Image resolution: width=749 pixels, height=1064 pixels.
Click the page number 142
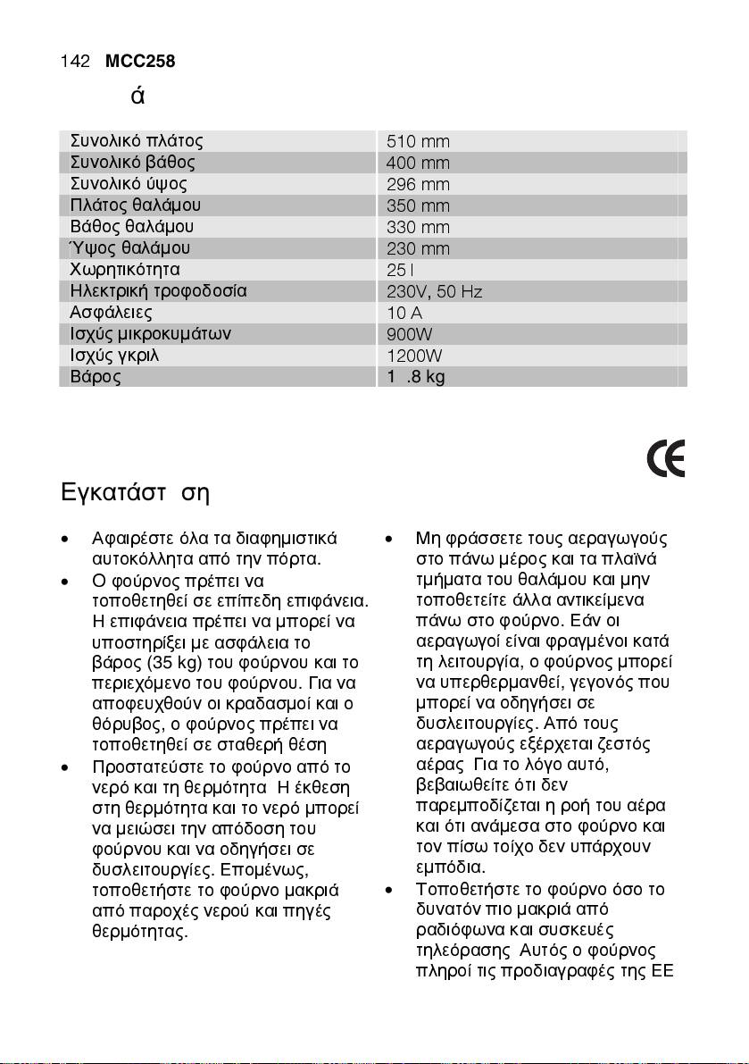click(75, 62)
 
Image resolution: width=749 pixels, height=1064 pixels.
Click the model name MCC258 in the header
click(139, 62)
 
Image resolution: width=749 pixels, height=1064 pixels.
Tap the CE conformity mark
click(666, 460)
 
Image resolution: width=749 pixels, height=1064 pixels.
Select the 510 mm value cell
click(418, 142)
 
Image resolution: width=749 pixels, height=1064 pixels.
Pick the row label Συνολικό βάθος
click(132, 163)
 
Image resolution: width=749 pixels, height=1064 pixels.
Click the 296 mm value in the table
click(418, 185)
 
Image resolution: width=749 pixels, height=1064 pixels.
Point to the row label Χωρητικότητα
click(125, 269)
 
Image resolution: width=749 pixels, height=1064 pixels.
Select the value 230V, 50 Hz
click(435, 291)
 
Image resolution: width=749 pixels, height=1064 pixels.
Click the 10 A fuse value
click(404, 313)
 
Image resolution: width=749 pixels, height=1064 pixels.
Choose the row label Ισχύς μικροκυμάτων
click(151, 334)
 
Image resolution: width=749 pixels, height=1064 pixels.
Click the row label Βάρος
click(96, 376)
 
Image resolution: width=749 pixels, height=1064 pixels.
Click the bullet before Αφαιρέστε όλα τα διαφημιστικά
click(65, 540)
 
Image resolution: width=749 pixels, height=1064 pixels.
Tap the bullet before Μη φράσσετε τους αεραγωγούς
click(389, 540)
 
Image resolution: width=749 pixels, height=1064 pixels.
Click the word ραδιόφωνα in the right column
click(455, 927)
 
